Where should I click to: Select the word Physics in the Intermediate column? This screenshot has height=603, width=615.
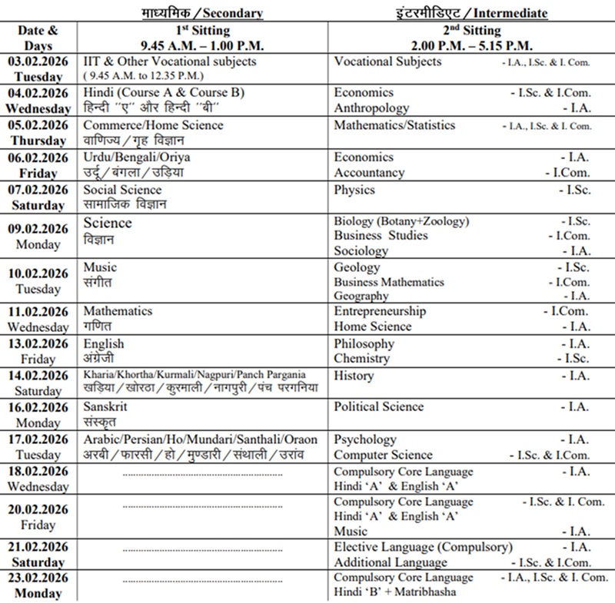click(x=354, y=190)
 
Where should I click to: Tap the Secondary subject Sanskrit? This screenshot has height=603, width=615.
click(x=105, y=407)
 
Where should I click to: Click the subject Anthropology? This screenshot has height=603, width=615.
click(x=371, y=108)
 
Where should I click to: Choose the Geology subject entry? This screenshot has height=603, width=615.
click(x=357, y=267)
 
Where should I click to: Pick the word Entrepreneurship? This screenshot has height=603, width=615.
click(x=380, y=311)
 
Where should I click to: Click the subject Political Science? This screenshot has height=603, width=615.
click(x=379, y=406)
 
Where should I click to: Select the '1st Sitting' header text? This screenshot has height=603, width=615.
click(x=202, y=30)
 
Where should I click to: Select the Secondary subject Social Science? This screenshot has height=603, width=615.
click(x=122, y=190)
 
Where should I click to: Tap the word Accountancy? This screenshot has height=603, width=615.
click(x=369, y=173)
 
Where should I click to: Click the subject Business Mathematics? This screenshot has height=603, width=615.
click(x=389, y=282)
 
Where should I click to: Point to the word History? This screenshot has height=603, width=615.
click(x=354, y=376)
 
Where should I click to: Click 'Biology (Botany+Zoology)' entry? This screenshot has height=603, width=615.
click(x=401, y=221)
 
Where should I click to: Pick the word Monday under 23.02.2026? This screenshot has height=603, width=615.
click(x=39, y=593)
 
